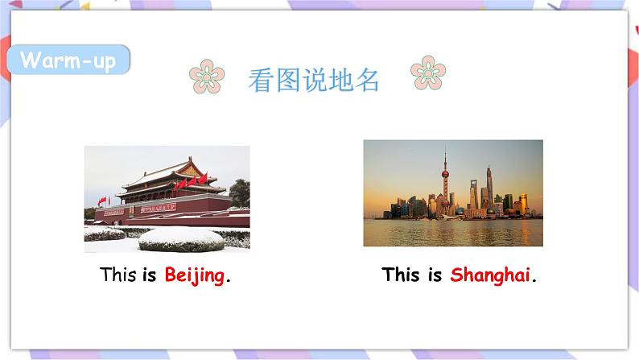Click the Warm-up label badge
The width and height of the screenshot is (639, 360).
point(68,60)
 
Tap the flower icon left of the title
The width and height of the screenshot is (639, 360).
point(207,77)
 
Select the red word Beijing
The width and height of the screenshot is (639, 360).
point(194,275)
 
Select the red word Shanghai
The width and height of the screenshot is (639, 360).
point(490,275)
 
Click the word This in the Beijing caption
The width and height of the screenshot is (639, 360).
point(118,275)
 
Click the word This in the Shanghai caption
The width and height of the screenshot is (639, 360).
point(401,275)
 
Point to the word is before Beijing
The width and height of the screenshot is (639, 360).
point(150,275)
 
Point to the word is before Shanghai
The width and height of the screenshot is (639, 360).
point(435,275)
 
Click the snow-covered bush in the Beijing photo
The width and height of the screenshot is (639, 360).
point(181,238)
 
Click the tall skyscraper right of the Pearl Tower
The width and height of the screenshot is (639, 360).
point(489,189)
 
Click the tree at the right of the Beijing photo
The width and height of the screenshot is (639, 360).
point(239,193)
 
